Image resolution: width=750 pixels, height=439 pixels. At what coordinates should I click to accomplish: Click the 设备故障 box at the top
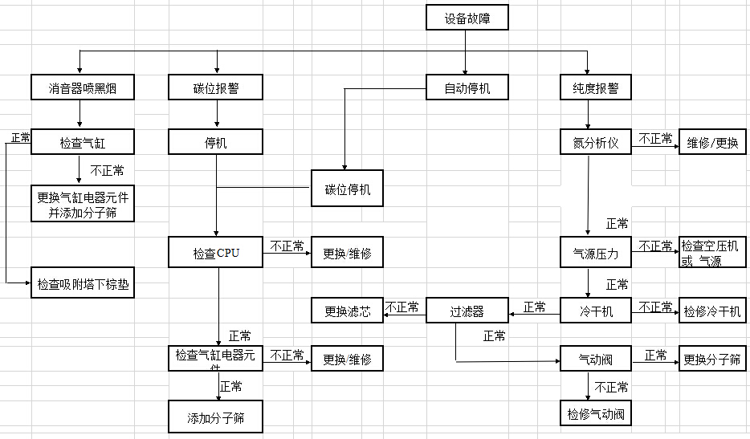pyautogui.click(x=467, y=18)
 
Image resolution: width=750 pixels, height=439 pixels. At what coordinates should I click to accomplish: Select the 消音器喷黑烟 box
pyautogui.click(x=79, y=88)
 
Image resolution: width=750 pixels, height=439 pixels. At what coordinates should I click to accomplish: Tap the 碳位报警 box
pyautogui.click(x=216, y=88)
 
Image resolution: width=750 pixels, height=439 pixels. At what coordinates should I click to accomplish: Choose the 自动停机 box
pyautogui.click(x=467, y=88)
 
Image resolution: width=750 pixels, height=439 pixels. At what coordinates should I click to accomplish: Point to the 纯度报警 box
pyautogui.click(x=595, y=88)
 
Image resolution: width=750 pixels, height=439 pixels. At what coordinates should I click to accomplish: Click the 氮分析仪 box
pyautogui.click(x=595, y=144)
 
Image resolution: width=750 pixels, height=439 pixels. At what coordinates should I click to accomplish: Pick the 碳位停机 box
pyautogui.click(x=347, y=190)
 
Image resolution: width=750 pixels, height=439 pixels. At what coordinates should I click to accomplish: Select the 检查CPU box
pyautogui.click(x=216, y=254)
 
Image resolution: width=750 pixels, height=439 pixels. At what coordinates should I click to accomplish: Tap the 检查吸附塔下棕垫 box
pyautogui.click(x=83, y=283)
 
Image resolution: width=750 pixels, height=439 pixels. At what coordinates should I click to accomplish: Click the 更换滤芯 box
pyautogui.click(x=347, y=311)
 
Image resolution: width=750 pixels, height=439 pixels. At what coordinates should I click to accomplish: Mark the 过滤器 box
pyautogui.click(x=467, y=311)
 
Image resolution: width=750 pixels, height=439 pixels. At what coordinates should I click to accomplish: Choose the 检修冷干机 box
pyautogui.click(x=711, y=311)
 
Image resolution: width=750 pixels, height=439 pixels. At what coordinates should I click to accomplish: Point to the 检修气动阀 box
pyautogui.click(x=595, y=414)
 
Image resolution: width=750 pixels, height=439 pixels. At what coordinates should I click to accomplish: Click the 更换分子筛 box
pyautogui.click(x=711, y=358)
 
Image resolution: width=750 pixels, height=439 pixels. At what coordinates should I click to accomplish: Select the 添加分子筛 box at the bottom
pyautogui.click(x=216, y=417)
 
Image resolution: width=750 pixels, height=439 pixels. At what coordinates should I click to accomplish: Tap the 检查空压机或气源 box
pyautogui.click(x=711, y=253)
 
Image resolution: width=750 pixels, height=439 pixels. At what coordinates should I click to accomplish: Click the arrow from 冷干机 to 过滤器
pyautogui.click(x=534, y=313)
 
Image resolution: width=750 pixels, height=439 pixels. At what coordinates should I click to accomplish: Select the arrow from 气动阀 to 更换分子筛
pyautogui.click(x=655, y=362)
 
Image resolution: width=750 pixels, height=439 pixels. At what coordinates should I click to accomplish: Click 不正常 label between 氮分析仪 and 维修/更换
pyautogui.click(x=655, y=138)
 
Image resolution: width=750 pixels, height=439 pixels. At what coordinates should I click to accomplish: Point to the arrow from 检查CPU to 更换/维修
pyautogui.click(x=287, y=253)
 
